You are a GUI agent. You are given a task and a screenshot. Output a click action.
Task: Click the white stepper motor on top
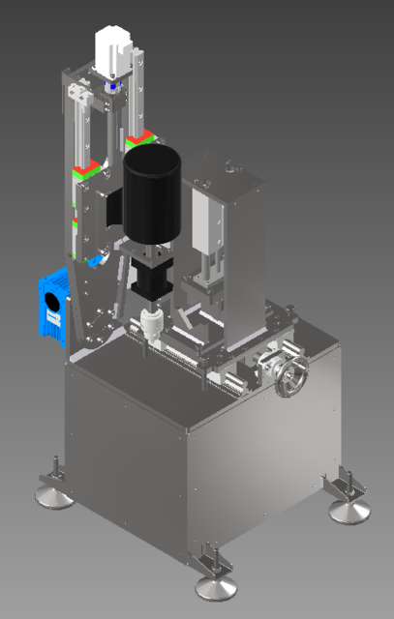pyautogui.click(x=113, y=53)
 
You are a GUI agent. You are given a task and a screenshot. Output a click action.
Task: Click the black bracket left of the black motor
pyautogui.click(x=113, y=208)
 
